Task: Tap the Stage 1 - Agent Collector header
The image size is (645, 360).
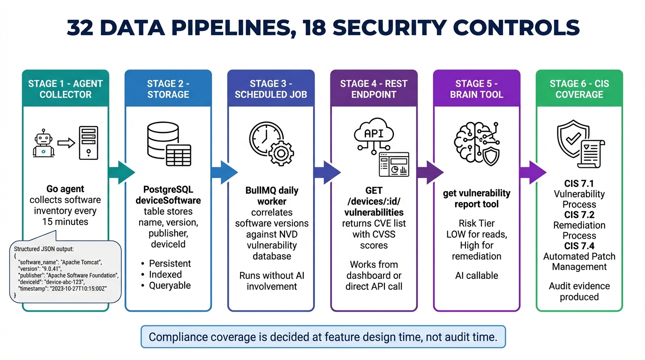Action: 65,89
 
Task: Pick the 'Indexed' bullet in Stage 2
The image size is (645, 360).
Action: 165,274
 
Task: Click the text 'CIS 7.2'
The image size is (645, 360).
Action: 579,215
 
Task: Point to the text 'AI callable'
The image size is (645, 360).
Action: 477,275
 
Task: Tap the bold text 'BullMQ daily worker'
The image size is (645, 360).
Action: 272,196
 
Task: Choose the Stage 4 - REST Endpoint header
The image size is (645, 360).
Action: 374,89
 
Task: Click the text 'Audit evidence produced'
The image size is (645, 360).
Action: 579,291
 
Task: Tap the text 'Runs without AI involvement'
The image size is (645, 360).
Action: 272,280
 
